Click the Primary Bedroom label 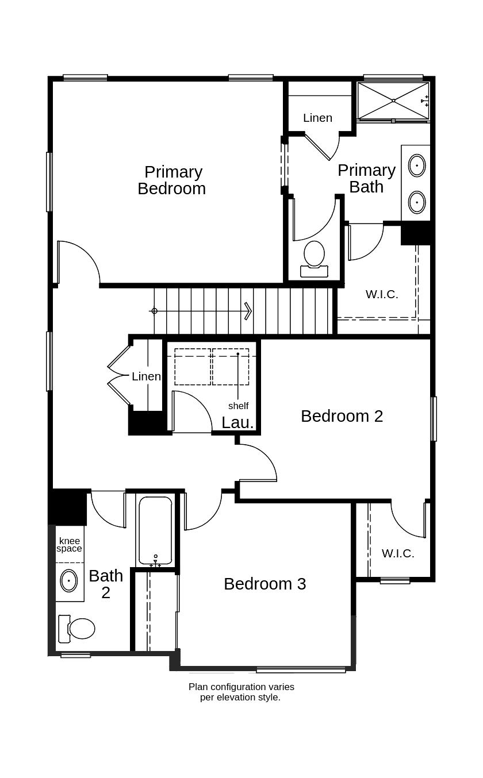click(x=171, y=180)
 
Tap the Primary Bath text click(x=366, y=178)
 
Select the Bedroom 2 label click(x=342, y=416)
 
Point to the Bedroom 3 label click(x=264, y=584)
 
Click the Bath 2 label click(x=106, y=584)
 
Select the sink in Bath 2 click(x=69, y=580)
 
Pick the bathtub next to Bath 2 click(x=155, y=530)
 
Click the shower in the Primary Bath click(x=393, y=101)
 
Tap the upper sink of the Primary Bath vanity click(x=417, y=165)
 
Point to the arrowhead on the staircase click(x=248, y=311)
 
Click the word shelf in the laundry click(x=238, y=406)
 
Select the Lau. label click(x=237, y=422)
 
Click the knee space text click(x=69, y=545)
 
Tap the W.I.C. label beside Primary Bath click(x=382, y=294)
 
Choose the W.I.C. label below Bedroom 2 click(x=398, y=553)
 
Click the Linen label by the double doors click(x=146, y=376)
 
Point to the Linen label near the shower click(x=317, y=118)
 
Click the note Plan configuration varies click(x=241, y=687)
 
